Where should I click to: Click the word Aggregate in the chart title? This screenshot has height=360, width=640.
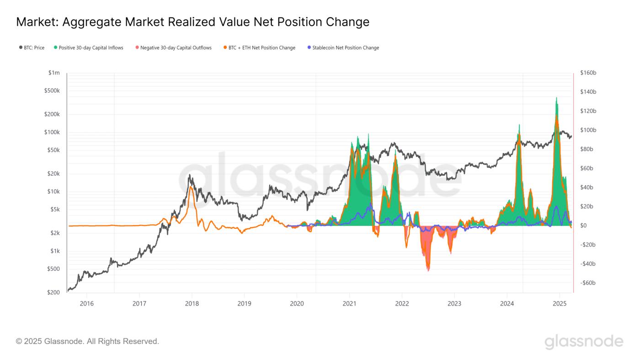tap(91, 21)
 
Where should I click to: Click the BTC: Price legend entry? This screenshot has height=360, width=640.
tap(32, 48)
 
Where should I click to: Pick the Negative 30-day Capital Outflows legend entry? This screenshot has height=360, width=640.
tap(173, 48)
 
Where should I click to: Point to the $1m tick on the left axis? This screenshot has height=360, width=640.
tap(54, 73)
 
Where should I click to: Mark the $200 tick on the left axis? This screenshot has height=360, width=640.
tap(53, 292)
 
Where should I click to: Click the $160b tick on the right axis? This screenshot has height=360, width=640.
tap(588, 73)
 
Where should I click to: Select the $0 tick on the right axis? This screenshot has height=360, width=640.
tap(583, 226)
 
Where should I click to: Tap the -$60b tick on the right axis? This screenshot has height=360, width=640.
tap(587, 283)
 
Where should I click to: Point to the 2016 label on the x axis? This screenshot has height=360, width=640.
tap(86, 303)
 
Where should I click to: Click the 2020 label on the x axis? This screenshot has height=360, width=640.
tap(297, 303)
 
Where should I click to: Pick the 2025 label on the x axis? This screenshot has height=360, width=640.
tap(560, 303)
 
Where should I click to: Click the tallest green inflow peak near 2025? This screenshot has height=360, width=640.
tap(556, 98)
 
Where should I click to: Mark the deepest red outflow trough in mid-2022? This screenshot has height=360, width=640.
tap(428, 270)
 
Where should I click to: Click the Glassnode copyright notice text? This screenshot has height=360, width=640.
tap(87, 341)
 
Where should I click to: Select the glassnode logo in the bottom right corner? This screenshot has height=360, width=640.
tap(584, 342)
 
